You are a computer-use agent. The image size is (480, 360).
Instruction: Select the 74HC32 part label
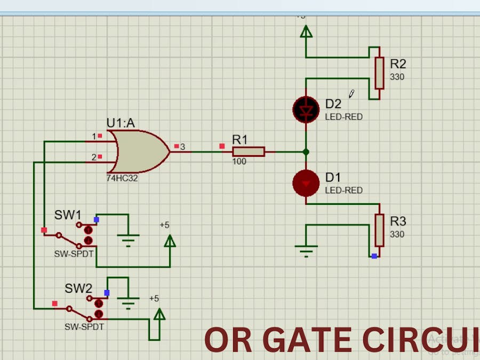click(122, 178)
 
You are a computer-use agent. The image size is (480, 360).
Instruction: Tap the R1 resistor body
click(249, 151)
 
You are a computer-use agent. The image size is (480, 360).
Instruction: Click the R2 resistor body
click(379, 73)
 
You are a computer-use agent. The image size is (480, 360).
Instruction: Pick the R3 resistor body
click(379, 230)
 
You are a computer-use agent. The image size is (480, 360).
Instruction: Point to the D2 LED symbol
click(306, 109)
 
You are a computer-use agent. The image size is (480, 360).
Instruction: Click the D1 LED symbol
click(306, 183)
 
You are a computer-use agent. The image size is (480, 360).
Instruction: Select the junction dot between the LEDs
click(306, 152)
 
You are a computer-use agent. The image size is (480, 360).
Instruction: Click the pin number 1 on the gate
click(94, 137)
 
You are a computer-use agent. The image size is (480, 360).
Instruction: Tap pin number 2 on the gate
click(94, 157)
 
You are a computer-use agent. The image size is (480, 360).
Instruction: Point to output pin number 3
click(182, 147)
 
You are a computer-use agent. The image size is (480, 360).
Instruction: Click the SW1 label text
click(68, 215)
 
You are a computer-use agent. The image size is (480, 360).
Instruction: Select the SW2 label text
click(78, 289)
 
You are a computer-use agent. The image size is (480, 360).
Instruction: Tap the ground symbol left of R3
click(306, 250)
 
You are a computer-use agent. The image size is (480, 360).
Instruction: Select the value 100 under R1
click(239, 161)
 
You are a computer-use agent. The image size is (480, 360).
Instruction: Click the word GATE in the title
click(307, 340)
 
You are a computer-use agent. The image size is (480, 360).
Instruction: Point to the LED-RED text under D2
click(343, 116)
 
